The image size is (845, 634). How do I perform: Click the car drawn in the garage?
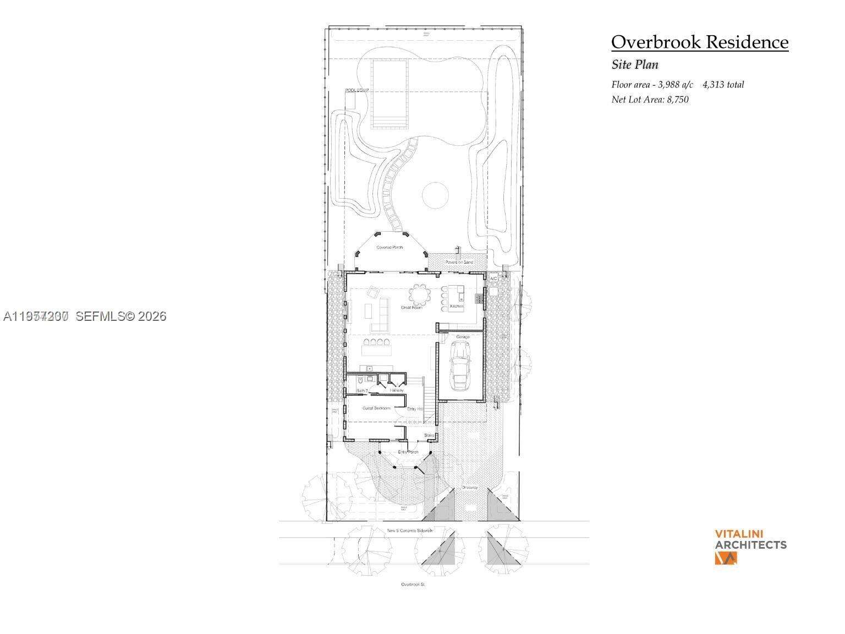pyautogui.click(x=460, y=365)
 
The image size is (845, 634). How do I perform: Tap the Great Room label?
pyautogui.click(x=411, y=308)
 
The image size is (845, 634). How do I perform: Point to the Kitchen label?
pyautogui.click(x=457, y=306)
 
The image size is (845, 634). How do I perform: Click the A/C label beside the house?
pyautogui.click(x=493, y=279)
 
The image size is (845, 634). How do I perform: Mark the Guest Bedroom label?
pyautogui.click(x=376, y=408)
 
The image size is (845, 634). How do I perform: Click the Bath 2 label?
pyautogui.click(x=362, y=391)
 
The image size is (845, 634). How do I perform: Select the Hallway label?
pyautogui.click(x=397, y=390)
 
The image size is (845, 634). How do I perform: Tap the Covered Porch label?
pyautogui.click(x=389, y=248)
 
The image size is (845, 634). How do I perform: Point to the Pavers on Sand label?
pyautogui.click(x=459, y=262)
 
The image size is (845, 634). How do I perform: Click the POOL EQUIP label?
pyautogui.click(x=356, y=90)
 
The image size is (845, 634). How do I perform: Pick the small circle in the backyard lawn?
pyautogui.click(x=435, y=195)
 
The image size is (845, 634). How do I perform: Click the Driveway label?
pyautogui.click(x=469, y=488)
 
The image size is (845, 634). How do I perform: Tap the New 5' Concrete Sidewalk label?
pyautogui.click(x=410, y=531)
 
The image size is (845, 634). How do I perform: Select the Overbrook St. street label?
pyautogui.click(x=414, y=584)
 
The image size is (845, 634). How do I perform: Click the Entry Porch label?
pyautogui.click(x=408, y=452)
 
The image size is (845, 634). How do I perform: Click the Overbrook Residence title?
pyautogui.click(x=699, y=42)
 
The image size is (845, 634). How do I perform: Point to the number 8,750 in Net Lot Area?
pyautogui.click(x=677, y=100)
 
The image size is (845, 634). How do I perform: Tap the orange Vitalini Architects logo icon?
pyautogui.click(x=726, y=558)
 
